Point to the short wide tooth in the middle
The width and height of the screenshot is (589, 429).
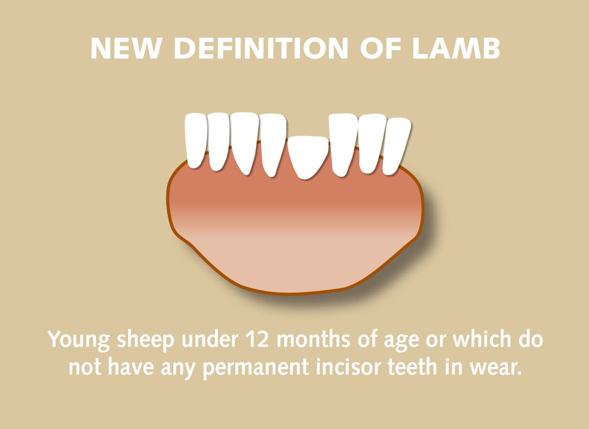[308, 156]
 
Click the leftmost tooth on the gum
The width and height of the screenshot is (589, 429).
[196, 140]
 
